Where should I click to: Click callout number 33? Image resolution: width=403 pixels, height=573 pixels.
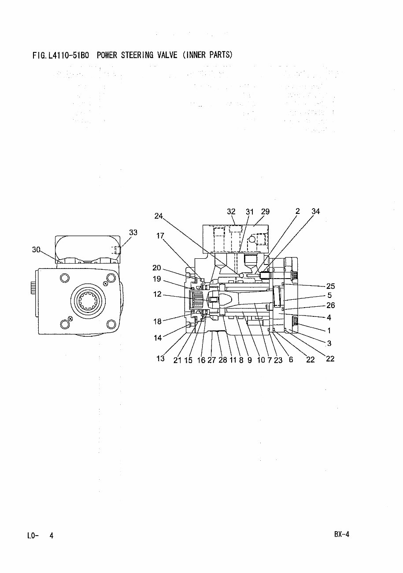[x=133, y=232]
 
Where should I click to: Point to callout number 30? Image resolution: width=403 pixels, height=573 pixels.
[x=36, y=250]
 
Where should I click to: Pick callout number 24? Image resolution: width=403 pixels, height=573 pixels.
[x=159, y=216]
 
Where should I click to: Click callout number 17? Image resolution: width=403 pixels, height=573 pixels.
[x=160, y=236]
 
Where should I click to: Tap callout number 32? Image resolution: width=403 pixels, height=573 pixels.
[x=231, y=212]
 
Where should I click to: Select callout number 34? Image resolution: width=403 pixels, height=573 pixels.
[x=315, y=212]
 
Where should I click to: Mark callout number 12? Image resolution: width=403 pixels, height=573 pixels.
[x=158, y=294]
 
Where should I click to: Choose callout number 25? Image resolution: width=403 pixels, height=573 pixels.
[x=330, y=286]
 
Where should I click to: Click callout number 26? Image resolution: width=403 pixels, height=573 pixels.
[x=330, y=305]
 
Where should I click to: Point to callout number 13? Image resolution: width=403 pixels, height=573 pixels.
[x=160, y=359]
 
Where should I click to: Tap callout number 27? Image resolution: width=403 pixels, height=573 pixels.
[x=211, y=360]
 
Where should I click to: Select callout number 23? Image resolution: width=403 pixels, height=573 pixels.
[x=278, y=360]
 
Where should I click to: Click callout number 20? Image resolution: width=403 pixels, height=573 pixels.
[x=157, y=268]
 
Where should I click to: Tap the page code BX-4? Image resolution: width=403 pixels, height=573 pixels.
[x=341, y=535]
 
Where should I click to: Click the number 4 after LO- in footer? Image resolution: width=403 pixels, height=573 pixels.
[x=52, y=536]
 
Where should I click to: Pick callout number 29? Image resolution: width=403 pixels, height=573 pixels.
[x=265, y=212]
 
